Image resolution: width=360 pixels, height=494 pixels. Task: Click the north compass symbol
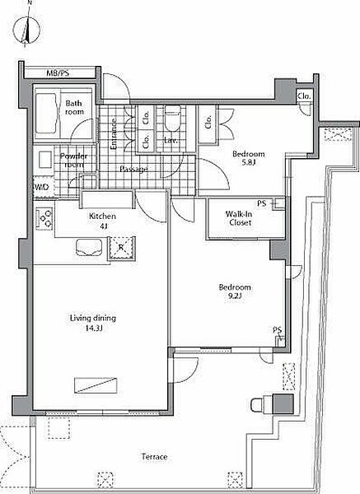coord(26,30)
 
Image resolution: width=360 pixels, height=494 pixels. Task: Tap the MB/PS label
coord(58,73)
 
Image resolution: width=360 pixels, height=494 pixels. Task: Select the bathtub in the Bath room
coord(46,114)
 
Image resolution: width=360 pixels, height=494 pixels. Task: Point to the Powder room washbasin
coord(44,160)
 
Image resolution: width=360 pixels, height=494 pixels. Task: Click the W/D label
coord(42,188)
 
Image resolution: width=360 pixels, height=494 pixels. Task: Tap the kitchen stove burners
coord(44,218)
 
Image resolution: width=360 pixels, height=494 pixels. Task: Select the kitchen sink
coord(89,248)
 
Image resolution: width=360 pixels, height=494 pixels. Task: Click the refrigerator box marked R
coord(121,249)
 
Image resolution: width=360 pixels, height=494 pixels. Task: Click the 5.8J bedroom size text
coord(248,163)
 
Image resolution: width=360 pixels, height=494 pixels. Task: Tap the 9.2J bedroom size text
coord(235,296)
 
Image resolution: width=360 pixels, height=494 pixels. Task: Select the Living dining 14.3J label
coord(93,324)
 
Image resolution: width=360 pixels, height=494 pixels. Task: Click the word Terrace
coord(155,456)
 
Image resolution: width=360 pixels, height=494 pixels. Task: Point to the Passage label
coord(134,169)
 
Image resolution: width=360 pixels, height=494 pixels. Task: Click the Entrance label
coord(114,133)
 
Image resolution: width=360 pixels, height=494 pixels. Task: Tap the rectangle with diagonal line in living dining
coord(96,385)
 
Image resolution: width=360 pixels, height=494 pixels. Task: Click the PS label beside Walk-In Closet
coord(262,203)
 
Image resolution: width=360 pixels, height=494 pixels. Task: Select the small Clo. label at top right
coord(304,96)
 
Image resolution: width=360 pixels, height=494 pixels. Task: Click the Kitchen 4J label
coord(102,221)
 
